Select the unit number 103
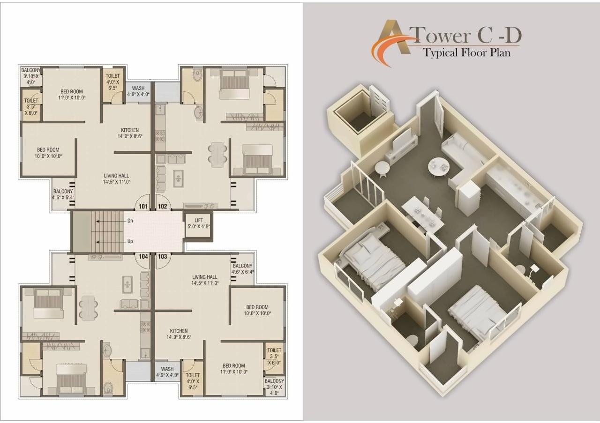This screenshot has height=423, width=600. point(163,256)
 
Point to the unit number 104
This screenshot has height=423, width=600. point(143,256)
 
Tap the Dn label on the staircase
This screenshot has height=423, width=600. point(130,220)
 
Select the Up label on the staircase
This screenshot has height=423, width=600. point(130,241)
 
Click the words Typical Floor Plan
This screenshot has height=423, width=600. point(466,52)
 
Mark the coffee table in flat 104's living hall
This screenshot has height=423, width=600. point(127,284)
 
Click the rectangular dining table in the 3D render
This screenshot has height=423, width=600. point(422,213)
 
